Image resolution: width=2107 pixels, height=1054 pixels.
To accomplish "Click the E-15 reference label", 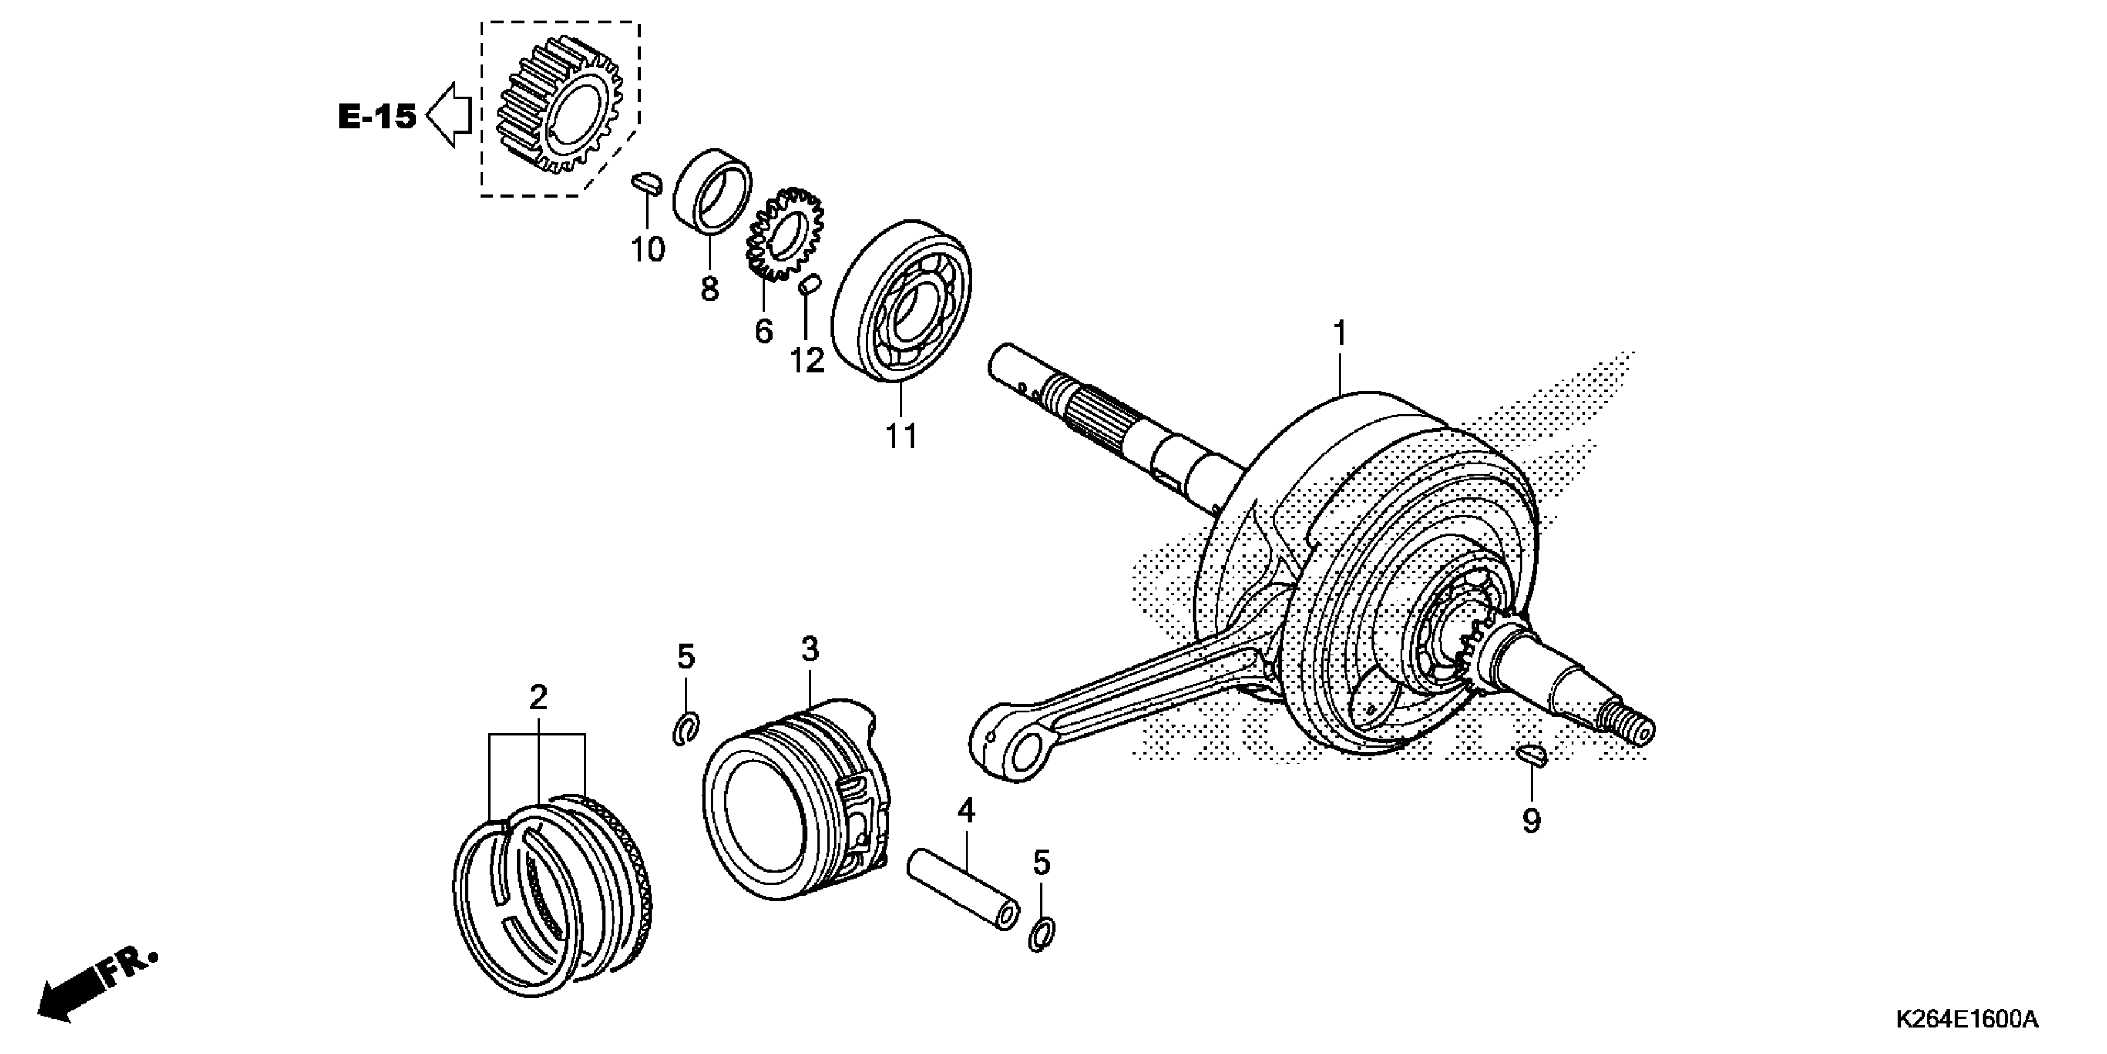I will (377, 118).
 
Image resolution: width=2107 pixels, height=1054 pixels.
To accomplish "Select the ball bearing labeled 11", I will (902, 301).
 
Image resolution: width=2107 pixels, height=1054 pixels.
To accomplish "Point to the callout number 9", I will (1531, 820).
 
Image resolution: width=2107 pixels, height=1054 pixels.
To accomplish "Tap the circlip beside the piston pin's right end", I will (1041, 934).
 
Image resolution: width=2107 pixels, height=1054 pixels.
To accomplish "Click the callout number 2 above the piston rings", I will (537, 698).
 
